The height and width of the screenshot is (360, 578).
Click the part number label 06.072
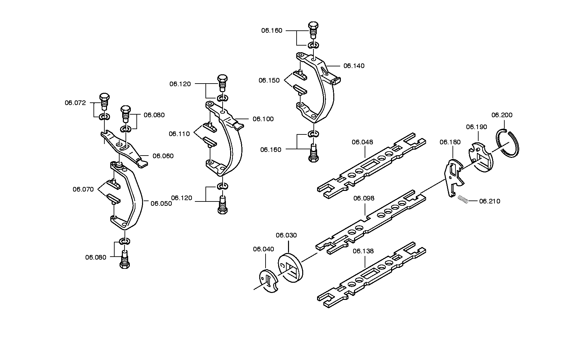[75, 103]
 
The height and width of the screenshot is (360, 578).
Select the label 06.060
[163, 156]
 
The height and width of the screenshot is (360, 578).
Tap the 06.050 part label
[162, 203]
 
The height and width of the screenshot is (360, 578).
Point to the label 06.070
[83, 189]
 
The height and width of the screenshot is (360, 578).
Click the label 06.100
[263, 119]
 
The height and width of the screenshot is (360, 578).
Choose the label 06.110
[179, 134]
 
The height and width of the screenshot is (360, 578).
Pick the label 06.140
[354, 66]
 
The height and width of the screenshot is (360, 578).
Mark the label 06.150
[269, 80]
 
